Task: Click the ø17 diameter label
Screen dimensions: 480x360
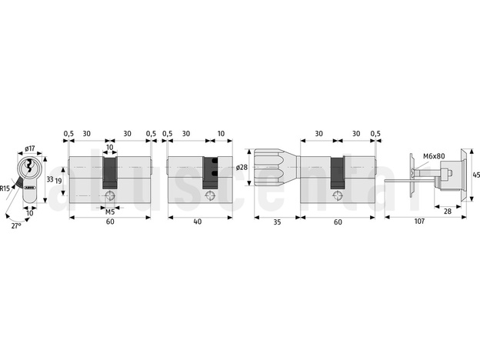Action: [30, 148]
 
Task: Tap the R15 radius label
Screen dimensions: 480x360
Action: [5, 188]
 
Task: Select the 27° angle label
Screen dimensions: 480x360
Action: [16, 226]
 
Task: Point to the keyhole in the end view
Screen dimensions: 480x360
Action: [29, 166]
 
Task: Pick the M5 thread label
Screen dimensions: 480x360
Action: [110, 212]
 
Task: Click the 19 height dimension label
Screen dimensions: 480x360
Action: [58, 181]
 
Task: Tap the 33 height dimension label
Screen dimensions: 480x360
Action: [50, 179]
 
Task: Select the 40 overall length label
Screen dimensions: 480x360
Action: [198, 222]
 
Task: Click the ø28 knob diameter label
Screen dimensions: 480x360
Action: [242, 167]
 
